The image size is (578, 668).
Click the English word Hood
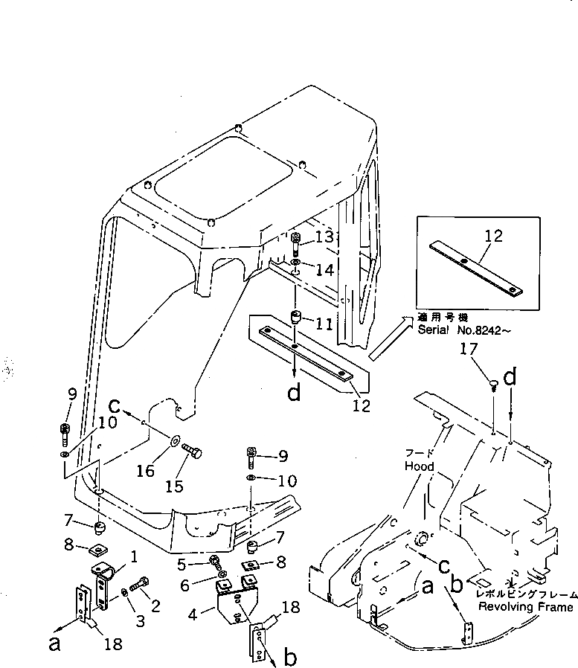pos(420,467)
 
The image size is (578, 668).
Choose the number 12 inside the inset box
pos(493,237)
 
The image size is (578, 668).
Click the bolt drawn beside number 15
pos(193,452)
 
